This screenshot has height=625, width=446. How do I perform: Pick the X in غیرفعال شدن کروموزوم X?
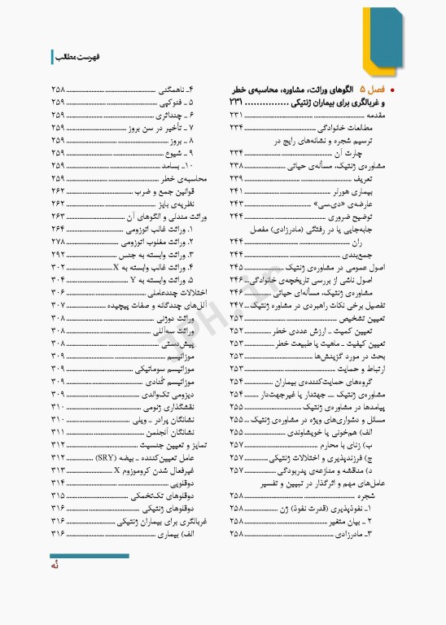pyautogui.click(x=118, y=470)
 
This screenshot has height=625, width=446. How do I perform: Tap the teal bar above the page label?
pyautogui.click(x=90, y=556)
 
